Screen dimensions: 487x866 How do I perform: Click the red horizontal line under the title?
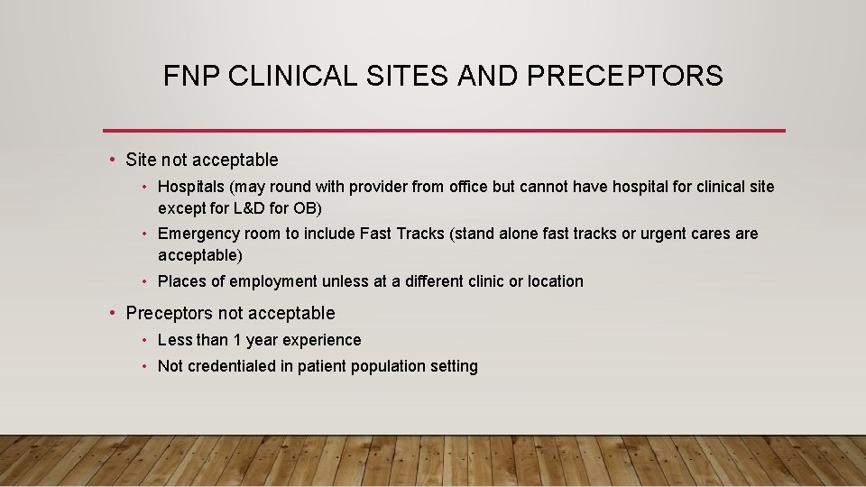click(x=444, y=131)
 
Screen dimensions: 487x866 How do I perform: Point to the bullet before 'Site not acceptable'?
click(x=111, y=160)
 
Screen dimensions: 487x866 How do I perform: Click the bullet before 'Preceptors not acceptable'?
click(x=111, y=313)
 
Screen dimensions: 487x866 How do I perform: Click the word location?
click(x=555, y=281)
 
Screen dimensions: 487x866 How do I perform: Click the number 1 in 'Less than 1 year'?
click(x=237, y=340)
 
